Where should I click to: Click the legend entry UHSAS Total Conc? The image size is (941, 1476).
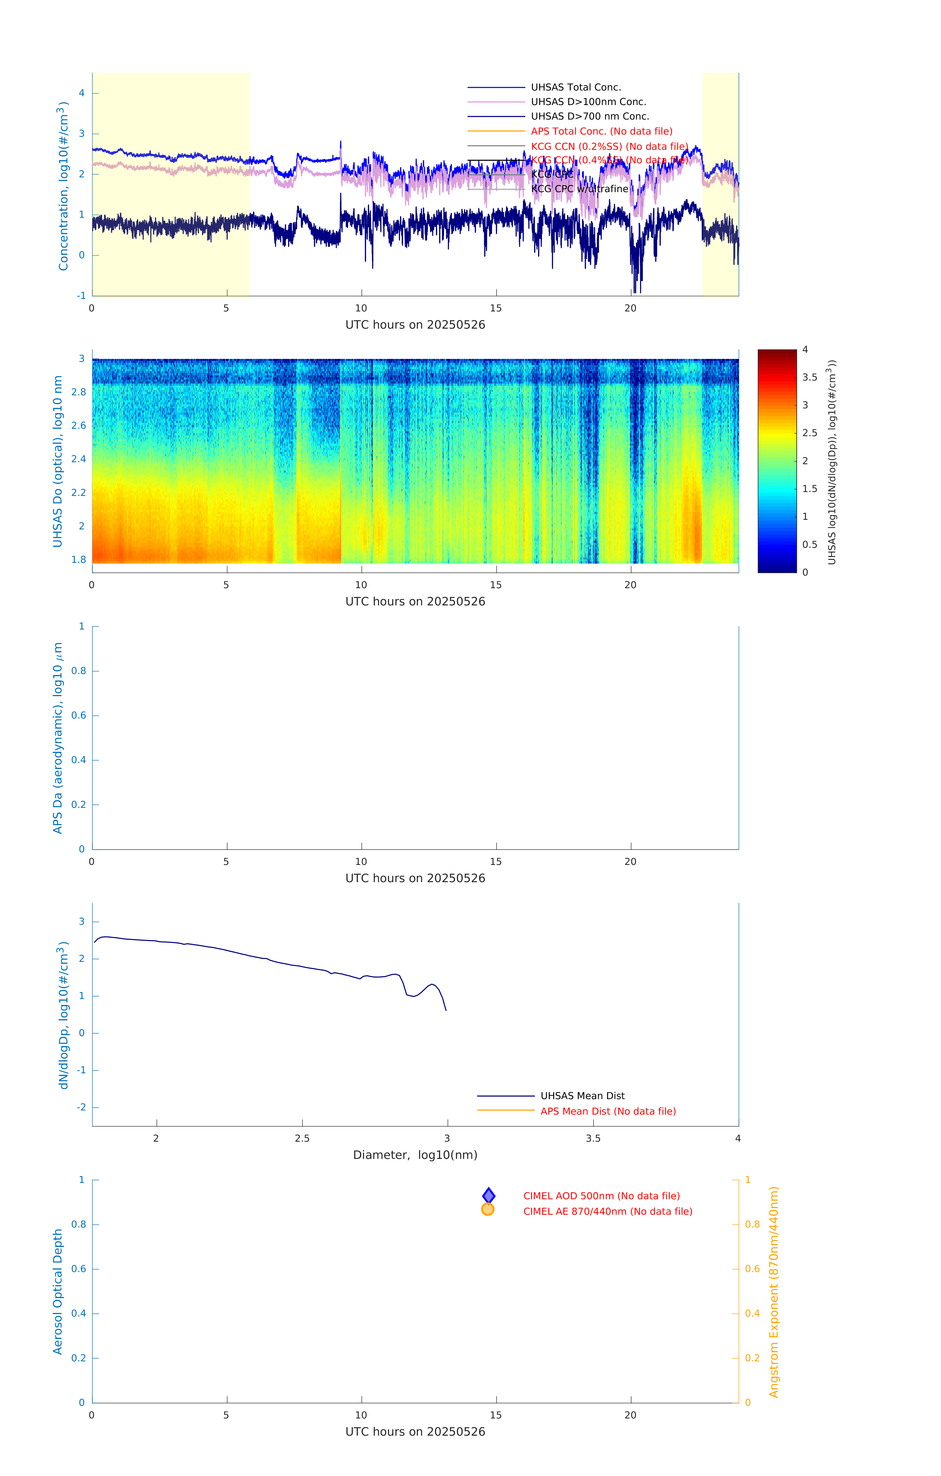576,87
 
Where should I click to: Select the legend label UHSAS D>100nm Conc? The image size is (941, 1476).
588,102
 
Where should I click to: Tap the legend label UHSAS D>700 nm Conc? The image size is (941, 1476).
590,116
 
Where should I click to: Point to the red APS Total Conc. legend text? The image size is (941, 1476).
602,131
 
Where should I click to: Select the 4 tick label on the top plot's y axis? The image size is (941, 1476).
81,93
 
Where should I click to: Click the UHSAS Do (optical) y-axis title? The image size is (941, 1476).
58,461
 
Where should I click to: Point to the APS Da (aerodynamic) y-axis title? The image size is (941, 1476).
58,738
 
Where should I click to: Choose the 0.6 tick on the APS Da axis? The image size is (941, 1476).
78,715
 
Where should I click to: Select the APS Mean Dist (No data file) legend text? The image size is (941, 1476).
607,1111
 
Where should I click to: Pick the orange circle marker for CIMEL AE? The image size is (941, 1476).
488,1209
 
